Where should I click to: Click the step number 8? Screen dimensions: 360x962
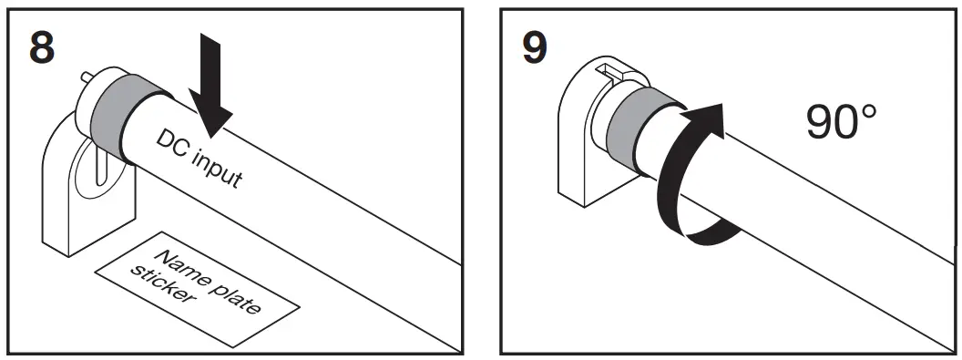point(41,47)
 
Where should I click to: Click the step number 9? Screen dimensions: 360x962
point(533,47)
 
